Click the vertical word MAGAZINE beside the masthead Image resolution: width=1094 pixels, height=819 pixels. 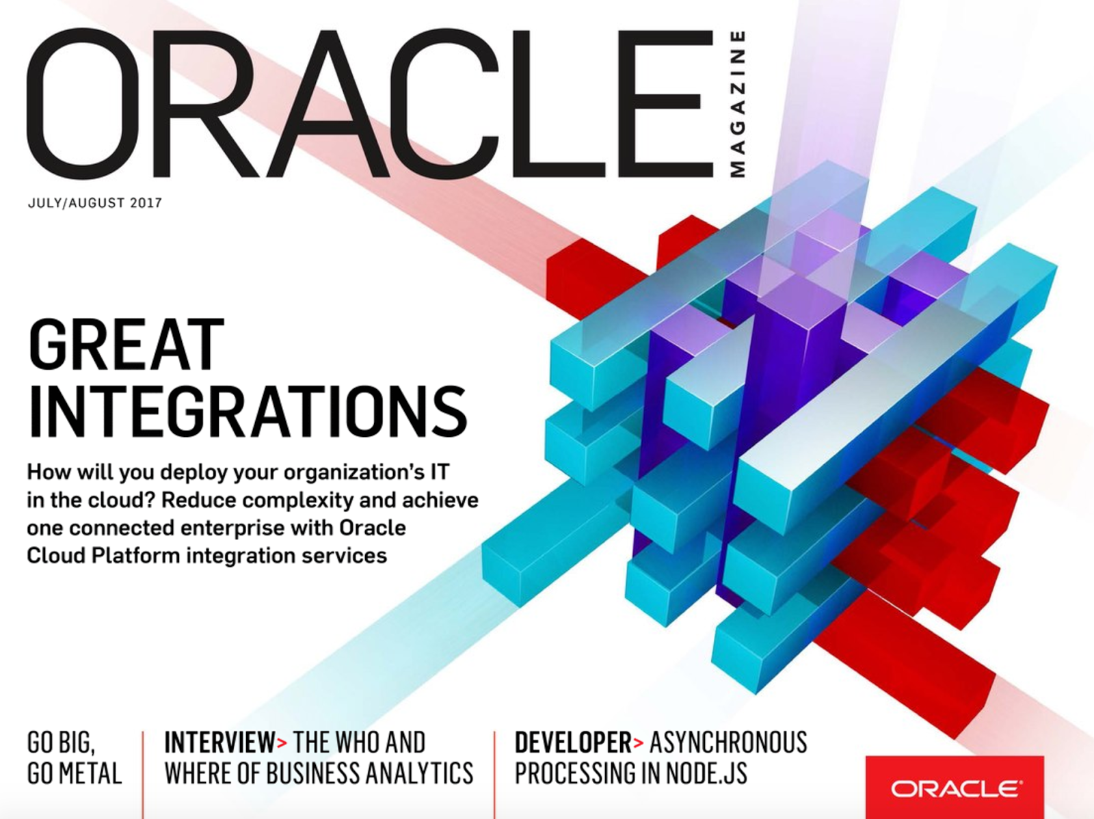pos(738,103)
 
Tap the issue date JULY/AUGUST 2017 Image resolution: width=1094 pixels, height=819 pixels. pos(95,203)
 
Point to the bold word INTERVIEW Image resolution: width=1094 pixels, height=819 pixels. pos(219,742)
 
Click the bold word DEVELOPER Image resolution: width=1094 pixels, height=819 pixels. pos(573,742)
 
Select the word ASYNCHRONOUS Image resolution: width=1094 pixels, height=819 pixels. pos(728,742)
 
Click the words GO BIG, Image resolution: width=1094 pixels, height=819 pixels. pos(61,742)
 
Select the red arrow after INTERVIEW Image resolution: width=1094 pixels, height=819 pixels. pos(282,743)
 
